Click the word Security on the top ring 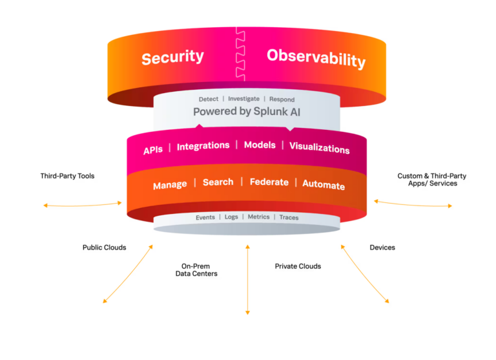click(x=172, y=58)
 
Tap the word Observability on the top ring click(x=316, y=59)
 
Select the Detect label click(x=209, y=99)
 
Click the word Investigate click(x=243, y=99)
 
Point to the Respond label click(x=282, y=100)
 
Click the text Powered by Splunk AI click(x=247, y=111)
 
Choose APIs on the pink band click(x=153, y=150)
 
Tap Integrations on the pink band click(x=203, y=146)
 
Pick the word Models click(x=260, y=145)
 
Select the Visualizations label click(x=320, y=148)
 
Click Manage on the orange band click(x=170, y=185)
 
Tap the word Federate click(x=269, y=182)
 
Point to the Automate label click(x=324, y=185)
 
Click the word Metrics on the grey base click(x=258, y=217)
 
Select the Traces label click(x=289, y=218)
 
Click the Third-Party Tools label click(x=67, y=176)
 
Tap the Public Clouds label click(x=105, y=248)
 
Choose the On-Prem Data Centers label click(x=196, y=270)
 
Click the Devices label click(x=382, y=248)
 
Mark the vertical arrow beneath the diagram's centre click(x=248, y=280)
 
